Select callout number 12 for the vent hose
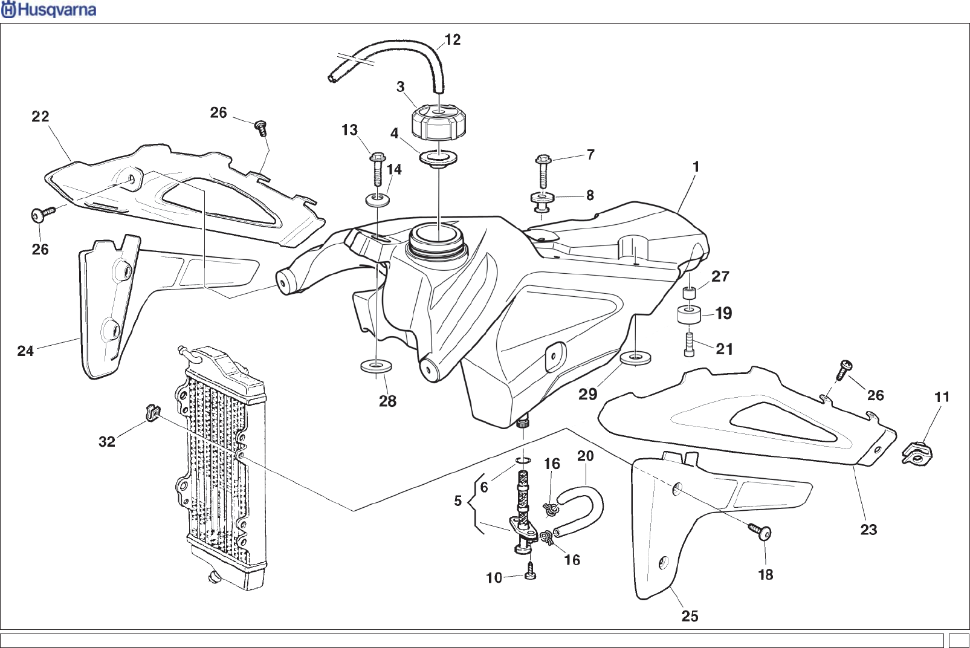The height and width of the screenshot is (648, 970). (x=452, y=40)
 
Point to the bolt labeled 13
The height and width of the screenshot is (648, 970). (x=375, y=170)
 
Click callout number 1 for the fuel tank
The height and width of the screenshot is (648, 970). (x=696, y=167)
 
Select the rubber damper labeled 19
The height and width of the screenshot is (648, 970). (x=688, y=316)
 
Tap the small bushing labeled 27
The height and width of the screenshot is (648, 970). (x=689, y=294)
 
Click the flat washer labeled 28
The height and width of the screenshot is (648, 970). (x=375, y=365)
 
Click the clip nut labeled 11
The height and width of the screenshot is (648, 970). (x=918, y=452)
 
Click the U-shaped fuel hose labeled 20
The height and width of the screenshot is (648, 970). (x=583, y=508)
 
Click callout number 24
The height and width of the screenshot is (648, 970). (x=25, y=351)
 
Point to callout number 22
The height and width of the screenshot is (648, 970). (x=40, y=116)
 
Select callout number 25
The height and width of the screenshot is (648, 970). (x=690, y=616)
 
